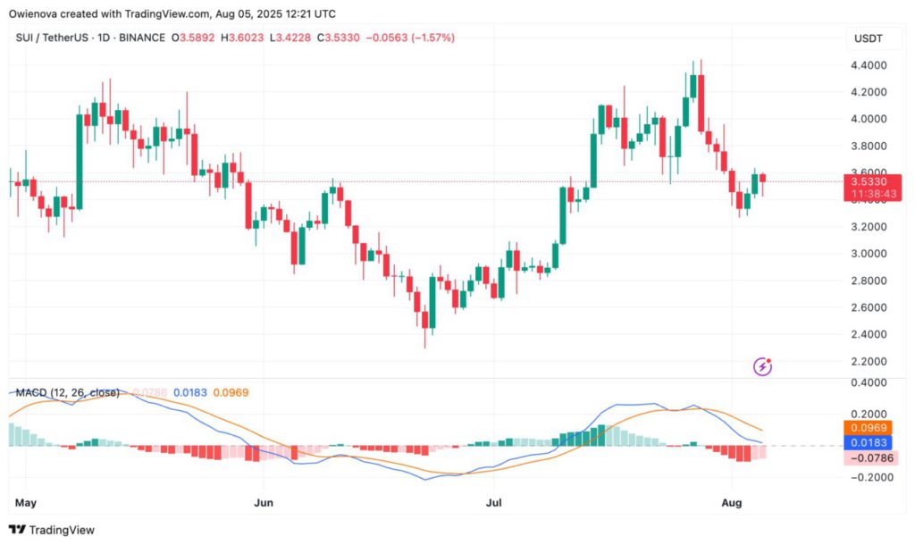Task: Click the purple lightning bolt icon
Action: (763, 365)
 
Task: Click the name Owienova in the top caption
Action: (35, 13)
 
